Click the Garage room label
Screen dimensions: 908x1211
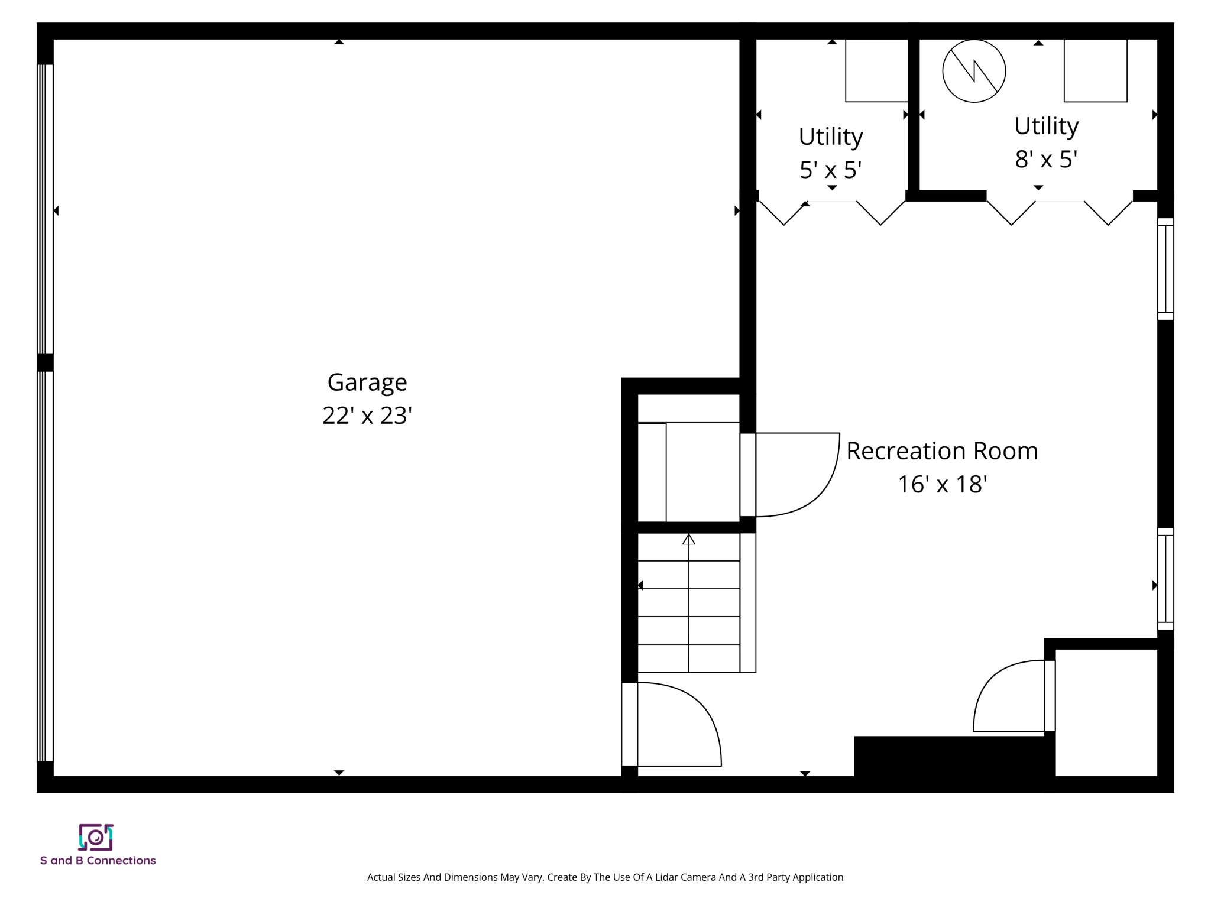tap(367, 382)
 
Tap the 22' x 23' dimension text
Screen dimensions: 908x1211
tap(367, 416)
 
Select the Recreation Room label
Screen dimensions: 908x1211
tap(942, 451)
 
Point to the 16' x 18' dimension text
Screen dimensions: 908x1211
tap(942, 485)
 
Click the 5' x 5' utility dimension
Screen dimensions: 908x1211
tap(830, 170)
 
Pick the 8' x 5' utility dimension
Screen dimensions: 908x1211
tap(1046, 160)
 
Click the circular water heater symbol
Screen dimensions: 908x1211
tap(974, 71)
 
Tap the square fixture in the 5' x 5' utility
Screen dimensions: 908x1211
tap(876, 70)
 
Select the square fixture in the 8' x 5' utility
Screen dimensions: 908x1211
tap(1095, 70)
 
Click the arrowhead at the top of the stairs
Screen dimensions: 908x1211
tap(688, 539)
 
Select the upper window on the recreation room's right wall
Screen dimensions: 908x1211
tap(1165, 269)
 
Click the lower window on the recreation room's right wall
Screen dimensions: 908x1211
tap(1165, 579)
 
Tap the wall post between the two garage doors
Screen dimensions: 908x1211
tap(45, 362)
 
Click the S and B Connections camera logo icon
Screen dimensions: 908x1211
tap(96, 837)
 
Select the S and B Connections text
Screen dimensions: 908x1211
tap(98, 861)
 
